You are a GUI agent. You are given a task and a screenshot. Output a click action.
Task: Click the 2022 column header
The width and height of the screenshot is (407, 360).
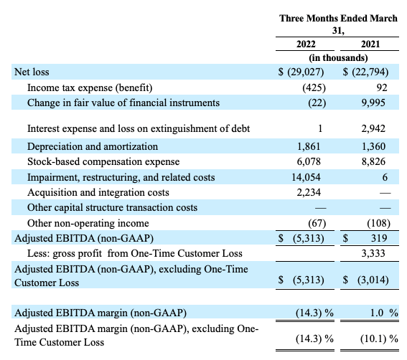click(x=306, y=44)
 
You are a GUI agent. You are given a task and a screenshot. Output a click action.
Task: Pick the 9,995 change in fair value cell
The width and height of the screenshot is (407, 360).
click(x=377, y=103)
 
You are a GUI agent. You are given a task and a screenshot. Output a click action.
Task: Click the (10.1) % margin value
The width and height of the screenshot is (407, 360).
click(x=373, y=336)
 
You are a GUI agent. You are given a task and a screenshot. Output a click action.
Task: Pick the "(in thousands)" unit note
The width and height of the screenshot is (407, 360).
click(x=338, y=57)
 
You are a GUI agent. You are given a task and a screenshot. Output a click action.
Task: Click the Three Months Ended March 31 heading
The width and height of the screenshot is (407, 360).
click(x=338, y=24)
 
